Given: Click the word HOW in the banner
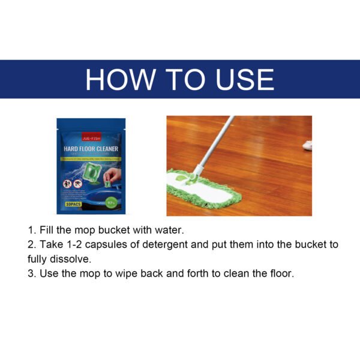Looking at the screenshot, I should (x=121, y=79).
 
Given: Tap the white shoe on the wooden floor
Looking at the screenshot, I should (x=308, y=145).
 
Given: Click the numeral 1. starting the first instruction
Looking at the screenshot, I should (x=32, y=230).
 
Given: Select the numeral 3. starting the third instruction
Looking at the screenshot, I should (x=32, y=273).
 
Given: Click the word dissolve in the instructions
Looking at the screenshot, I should (x=71, y=259).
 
